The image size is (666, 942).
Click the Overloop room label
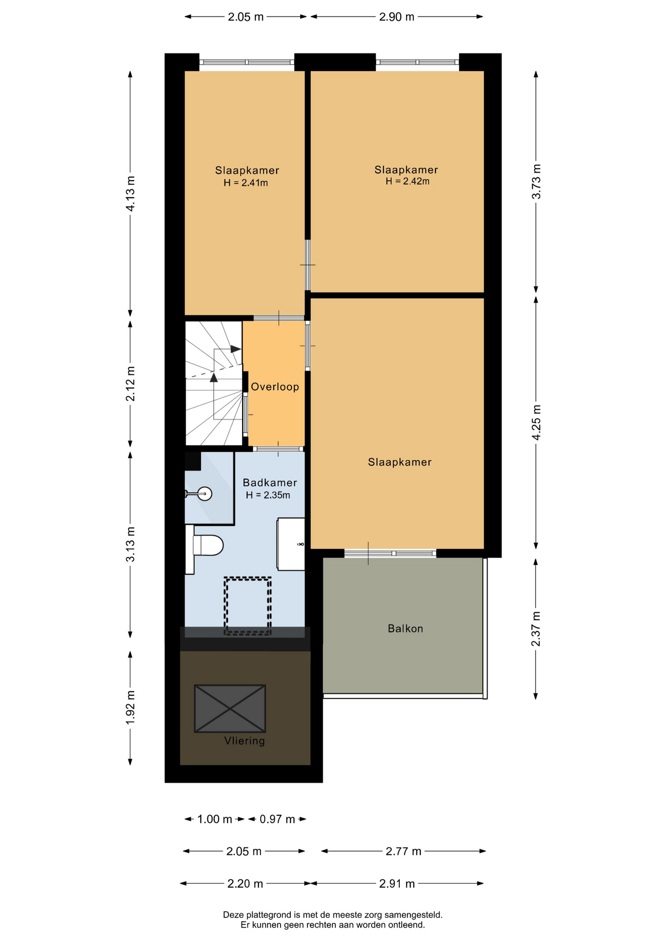pos(275,387)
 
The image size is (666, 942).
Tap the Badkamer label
pos(270,483)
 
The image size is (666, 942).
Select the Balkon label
pos(405,628)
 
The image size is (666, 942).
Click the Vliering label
pos(245,741)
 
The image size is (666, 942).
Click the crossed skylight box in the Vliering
pos(230,708)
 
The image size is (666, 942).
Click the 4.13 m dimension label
pos(130,194)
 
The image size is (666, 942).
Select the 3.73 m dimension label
pos(536,182)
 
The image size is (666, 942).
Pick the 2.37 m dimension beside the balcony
pos(536,629)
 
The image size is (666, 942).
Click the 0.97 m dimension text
pos(277,819)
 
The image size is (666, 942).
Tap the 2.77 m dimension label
pos(403,851)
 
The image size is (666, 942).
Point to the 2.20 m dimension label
pos(245,884)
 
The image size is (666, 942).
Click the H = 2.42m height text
pos(408,182)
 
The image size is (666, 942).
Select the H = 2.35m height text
pos(268,496)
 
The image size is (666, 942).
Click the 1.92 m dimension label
pos(130,707)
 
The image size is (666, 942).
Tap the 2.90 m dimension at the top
pos(397,17)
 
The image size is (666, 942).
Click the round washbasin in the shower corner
pos(205,494)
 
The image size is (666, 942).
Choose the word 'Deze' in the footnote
pos(233,915)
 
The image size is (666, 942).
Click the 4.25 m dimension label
pos(536,422)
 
